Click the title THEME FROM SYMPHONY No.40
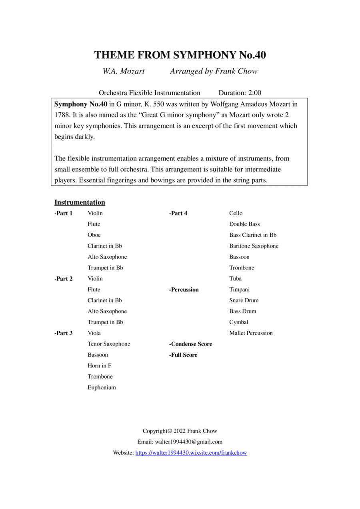pos(180,55)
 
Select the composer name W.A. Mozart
pos(123,72)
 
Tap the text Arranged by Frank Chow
pos(214,72)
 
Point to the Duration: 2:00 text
pos(240,93)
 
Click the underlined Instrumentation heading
pos(80,202)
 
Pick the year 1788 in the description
pos(62,115)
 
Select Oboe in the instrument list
pos(94,235)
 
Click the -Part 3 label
pos(64,333)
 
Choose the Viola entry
pos(94,333)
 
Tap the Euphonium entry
pos(102,387)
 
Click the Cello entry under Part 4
pos(236,213)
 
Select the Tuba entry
pos(235,279)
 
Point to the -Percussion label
pos(184,289)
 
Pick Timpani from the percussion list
pos(239,289)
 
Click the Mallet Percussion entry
pos(251,333)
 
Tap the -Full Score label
pos(183,355)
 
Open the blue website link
pos(191,453)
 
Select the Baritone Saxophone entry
pos(254,246)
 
